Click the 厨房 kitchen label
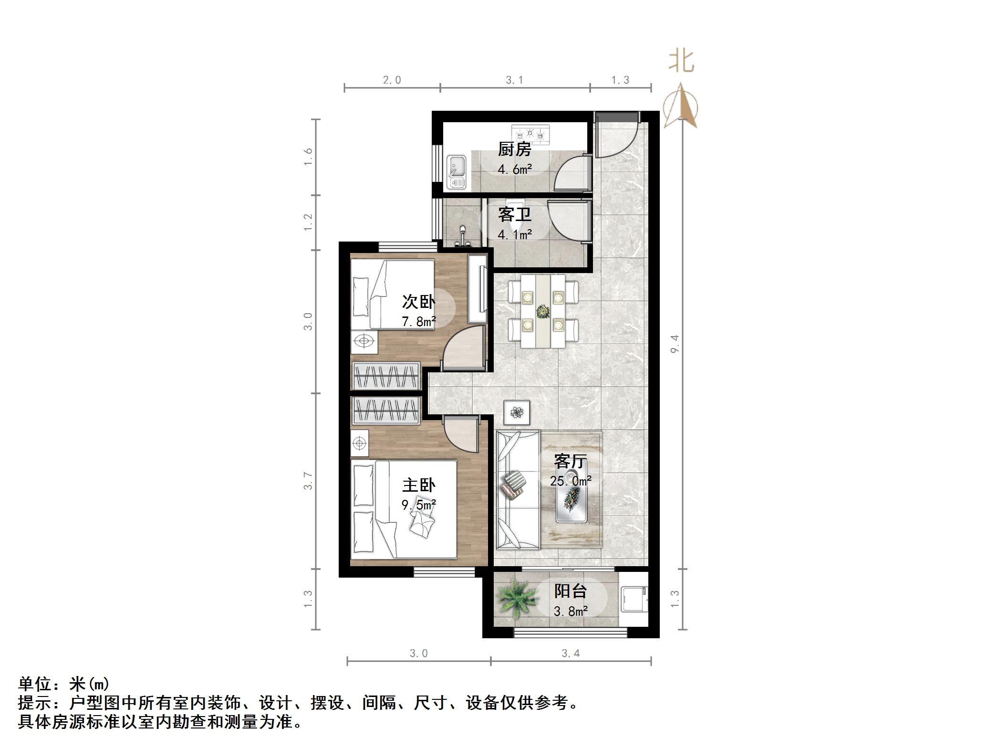514,149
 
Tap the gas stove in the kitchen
530,135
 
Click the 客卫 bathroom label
514,214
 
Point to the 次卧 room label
418,302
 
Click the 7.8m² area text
418,321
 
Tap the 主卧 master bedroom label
418,485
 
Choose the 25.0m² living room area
571,481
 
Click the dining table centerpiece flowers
543,312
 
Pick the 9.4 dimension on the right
674,344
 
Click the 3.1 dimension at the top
514,80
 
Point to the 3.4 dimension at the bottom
571,653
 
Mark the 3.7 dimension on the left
308,481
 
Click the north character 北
681,62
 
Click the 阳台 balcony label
570,591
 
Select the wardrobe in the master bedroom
386,411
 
